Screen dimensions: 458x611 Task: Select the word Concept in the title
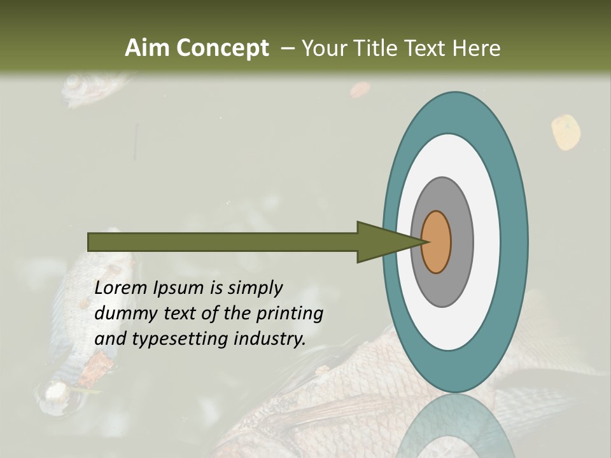[x=222, y=48]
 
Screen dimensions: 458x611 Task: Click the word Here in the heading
[x=477, y=48]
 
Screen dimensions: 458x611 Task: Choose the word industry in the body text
[x=270, y=339]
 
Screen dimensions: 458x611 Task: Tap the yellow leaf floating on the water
[x=566, y=132]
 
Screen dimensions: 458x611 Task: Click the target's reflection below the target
[x=455, y=426]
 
